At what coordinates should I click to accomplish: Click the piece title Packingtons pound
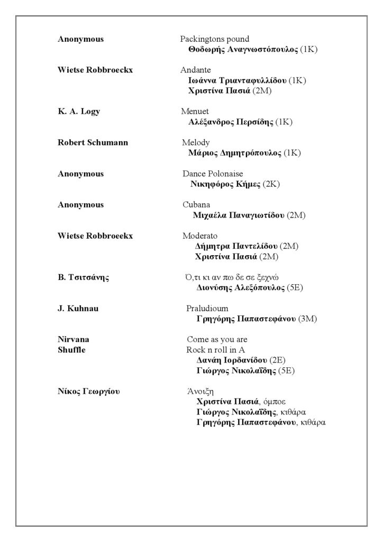pos(214,39)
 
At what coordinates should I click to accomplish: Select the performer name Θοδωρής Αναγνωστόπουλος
pos(243,50)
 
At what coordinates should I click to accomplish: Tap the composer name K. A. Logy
pos(79,111)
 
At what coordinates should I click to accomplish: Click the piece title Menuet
pos(195,111)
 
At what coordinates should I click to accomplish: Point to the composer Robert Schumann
pos(93,142)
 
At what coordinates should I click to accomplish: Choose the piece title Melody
pos(196,142)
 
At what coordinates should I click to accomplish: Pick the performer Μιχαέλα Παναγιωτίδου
pos(240,215)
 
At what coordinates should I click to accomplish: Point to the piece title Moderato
pos(200,236)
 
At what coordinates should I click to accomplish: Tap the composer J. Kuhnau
pos(78,309)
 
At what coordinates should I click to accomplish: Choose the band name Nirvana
pos(73,339)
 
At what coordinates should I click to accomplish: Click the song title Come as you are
pos(217,339)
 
